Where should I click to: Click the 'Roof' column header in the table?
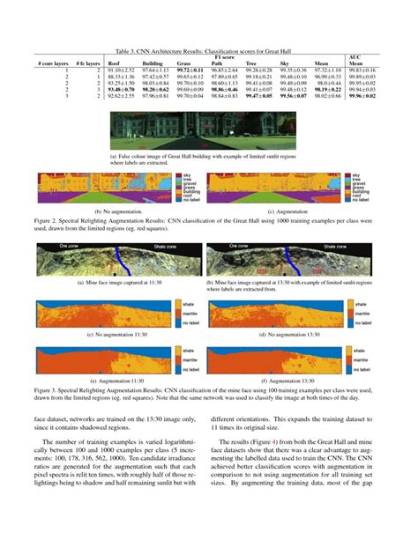pyautogui.click(x=114, y=64)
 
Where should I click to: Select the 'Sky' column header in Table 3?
pyautogui.click(x=284, y=64)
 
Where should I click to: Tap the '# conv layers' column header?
pyautogui.click(x=53, y=64)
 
